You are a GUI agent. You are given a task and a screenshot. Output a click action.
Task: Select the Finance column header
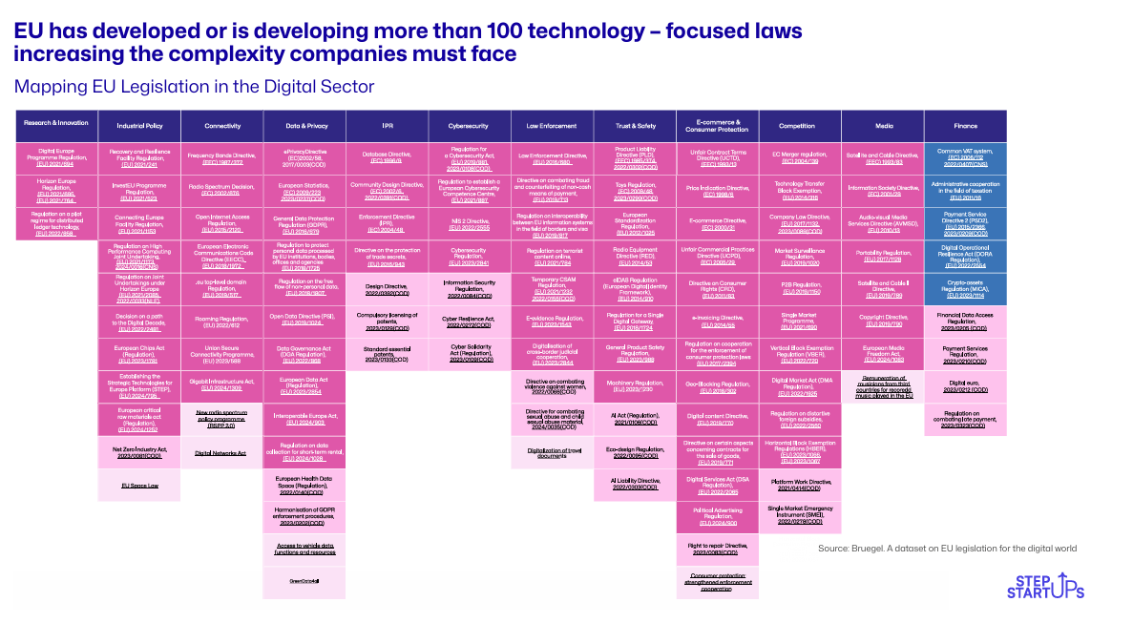[964, 125]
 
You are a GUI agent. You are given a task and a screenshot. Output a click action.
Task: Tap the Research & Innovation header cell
[56, 122]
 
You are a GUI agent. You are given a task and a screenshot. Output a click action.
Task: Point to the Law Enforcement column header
[551, 125]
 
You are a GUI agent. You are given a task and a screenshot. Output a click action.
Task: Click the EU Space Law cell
[138, 485]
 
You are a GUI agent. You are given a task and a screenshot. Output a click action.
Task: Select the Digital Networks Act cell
[220, 452]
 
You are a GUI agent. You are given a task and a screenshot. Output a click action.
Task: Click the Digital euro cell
[964, 385]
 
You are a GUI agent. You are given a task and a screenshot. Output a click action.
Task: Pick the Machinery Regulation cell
[634, 385]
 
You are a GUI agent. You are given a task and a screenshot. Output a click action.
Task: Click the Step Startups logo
[1045, 585]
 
